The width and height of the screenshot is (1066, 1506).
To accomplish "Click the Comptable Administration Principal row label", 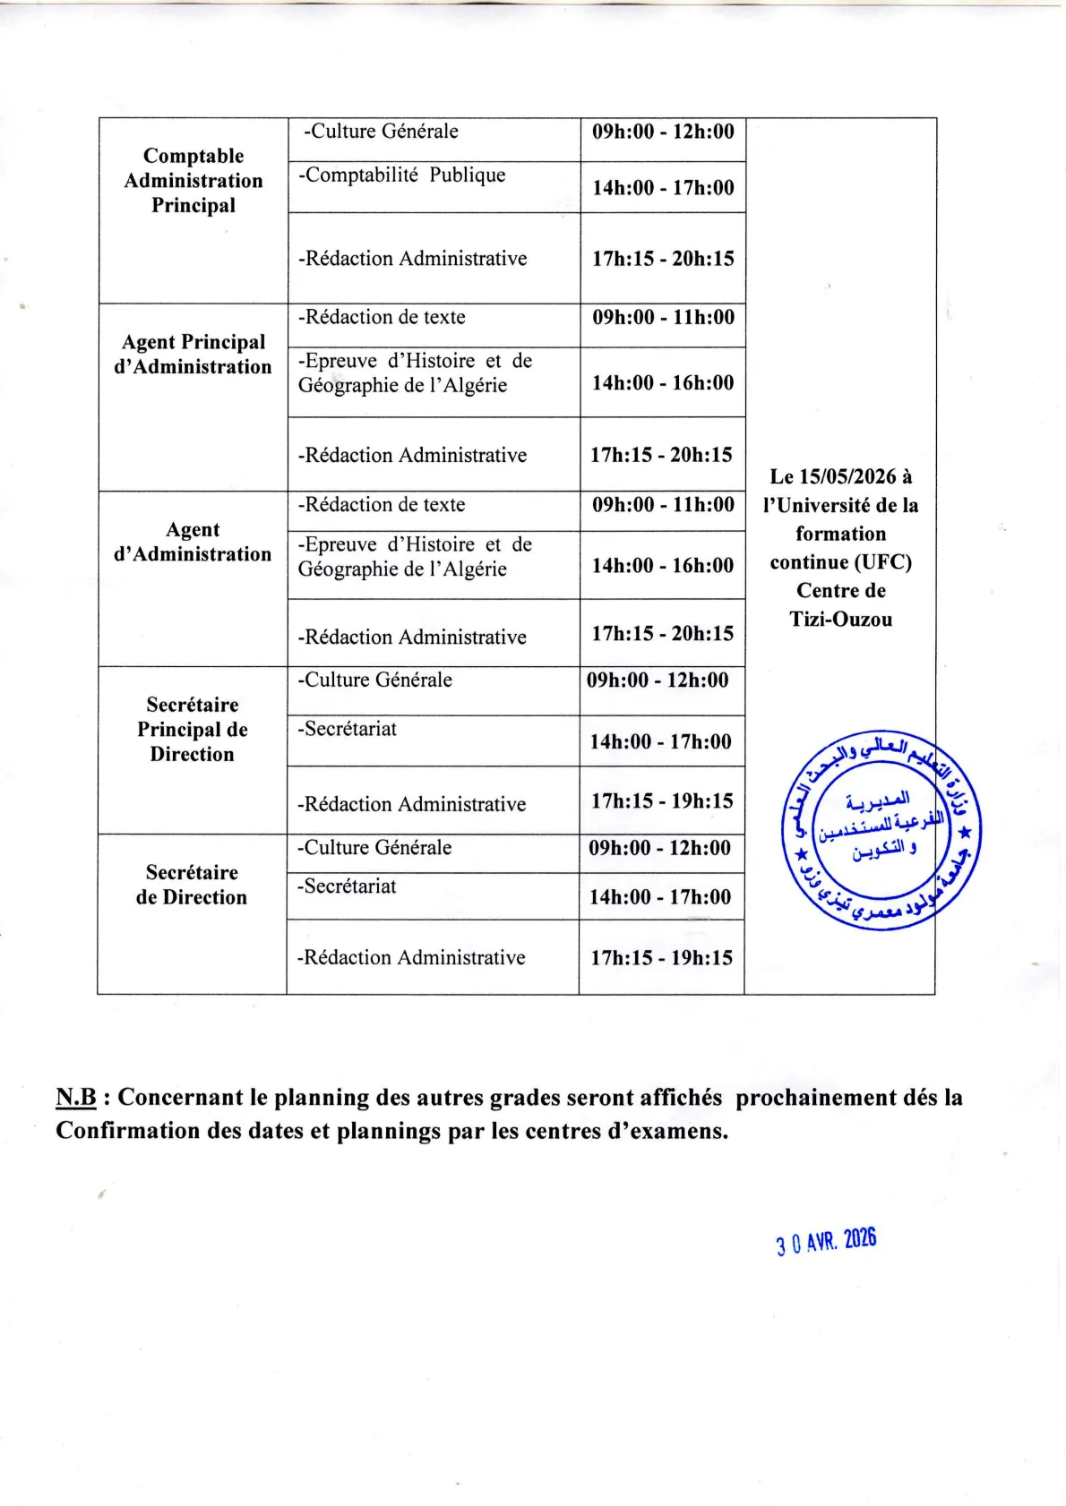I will [x=193, y=181].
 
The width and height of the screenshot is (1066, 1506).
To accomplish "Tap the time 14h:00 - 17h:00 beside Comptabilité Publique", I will [x=663, y=188].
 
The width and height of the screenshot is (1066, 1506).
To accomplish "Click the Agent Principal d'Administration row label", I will [x=193, y=355].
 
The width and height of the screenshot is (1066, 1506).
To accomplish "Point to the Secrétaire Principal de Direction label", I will [x=193, y=730].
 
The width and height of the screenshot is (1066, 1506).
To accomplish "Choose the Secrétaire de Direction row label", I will [x=192, y=885].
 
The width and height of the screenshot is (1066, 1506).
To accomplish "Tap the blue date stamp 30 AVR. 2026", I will [x=826, y=1243].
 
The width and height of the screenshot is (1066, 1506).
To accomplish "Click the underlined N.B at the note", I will [x=76, y=1098].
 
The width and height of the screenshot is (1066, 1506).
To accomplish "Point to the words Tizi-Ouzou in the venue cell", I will [x=841, y=620].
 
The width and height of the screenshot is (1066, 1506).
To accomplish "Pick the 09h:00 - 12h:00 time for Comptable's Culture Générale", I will [x=663, y=132].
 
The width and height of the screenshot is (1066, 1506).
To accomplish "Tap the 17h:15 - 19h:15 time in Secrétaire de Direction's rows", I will [x=661, y=958].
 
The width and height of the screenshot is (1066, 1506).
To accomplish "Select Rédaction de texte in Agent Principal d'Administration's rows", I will [x=383, y=317].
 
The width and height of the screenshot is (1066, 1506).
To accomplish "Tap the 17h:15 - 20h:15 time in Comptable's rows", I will [x=663, y=259].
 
